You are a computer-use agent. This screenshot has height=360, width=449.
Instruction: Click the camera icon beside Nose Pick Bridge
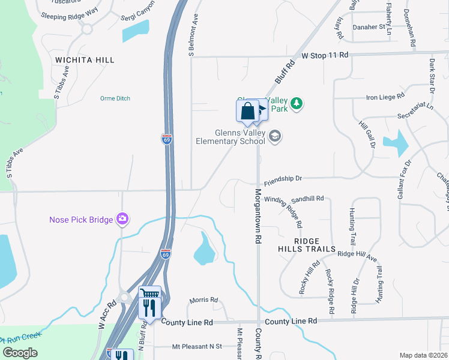[123, 219]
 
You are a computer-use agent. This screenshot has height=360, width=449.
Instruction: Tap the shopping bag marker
[247, 111]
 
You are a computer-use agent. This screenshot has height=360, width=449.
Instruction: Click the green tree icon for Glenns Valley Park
[296, 104]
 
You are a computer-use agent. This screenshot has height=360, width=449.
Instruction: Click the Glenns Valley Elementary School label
[231, 137]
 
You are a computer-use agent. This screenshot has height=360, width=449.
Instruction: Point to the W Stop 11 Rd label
[325, 55]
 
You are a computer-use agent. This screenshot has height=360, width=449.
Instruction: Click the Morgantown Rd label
[258, 216]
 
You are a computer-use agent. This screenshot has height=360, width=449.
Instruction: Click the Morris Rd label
[203, 300]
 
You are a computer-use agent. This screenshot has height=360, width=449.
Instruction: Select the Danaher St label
[369, 27]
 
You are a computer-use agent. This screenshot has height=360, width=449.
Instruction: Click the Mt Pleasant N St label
[197, 346]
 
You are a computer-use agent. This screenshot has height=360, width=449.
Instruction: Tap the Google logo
[20, 353]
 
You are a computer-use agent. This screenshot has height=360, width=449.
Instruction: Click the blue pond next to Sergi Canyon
[136, 31]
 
